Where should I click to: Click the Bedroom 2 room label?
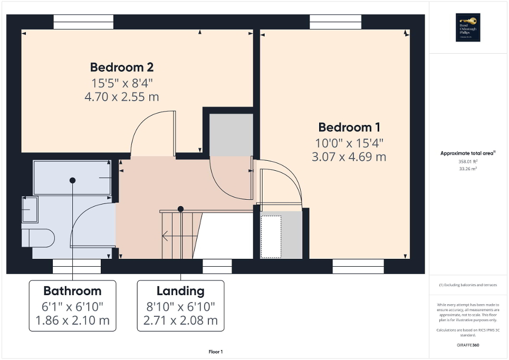click(x=121, y=67)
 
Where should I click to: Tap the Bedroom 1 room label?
click(x=349, y=127)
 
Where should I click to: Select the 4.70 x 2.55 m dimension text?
click(x=121, y=97)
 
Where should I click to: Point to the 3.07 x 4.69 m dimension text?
click(x=349, y=157)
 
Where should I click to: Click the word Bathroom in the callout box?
click(x=72, y=291)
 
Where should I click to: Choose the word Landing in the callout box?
click(x=180, y=291)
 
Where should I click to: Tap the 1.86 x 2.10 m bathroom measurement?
click(x=72, y=320)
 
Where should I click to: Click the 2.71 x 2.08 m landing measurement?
click(x=180, y=320)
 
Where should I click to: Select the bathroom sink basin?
click(x=30, y=209)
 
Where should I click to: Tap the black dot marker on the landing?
click(x=180, y=209)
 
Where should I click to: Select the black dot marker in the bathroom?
click(x=72, y=180)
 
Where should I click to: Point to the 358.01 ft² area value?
click(x=468, y=162)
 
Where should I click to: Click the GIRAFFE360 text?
click(x=468, y=345)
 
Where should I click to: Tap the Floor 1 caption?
click(x=215, y=352)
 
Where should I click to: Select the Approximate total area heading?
click(x=468, y=153)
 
